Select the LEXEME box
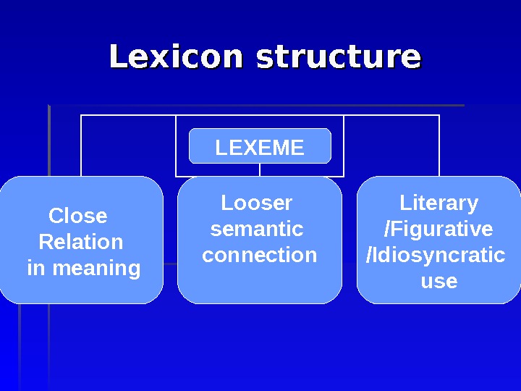tap(260, 147)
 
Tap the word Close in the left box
tap(77, 216)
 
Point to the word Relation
tap(80, 242)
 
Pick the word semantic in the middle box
tap(256, 229)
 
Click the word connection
tap(259, 255)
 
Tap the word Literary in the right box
tap(439, 203)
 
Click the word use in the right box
tap(439, 281)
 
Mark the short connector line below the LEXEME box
tap(260, 170)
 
